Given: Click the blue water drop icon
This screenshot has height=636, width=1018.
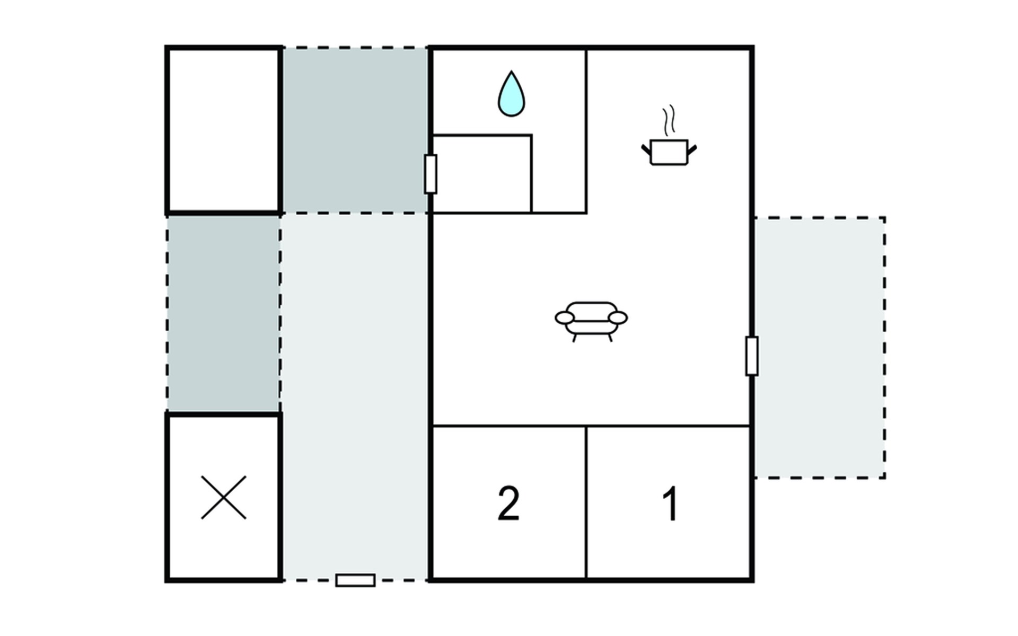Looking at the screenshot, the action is [x=511, y=94].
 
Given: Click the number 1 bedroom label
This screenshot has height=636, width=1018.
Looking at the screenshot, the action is [x=671, y=503].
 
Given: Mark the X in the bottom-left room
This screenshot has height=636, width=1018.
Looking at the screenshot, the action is [x=223, y=497].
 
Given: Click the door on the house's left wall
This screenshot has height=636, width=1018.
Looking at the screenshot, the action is [x=431, y=174].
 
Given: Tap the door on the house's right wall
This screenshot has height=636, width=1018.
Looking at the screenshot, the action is [x=751, y=356].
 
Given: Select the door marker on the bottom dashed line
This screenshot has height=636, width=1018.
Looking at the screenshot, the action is [x=355, y=580].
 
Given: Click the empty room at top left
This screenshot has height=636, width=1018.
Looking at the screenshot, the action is [x=223, y=130].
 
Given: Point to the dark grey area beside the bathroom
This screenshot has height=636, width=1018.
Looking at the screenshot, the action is [x=355, y=130].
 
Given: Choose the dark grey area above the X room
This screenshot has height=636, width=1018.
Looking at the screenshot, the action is [x=223, y=314].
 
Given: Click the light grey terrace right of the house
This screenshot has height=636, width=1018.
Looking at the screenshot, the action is [x=819, y=348].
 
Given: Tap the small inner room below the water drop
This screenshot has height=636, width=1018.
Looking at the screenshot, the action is [x=482, y=174].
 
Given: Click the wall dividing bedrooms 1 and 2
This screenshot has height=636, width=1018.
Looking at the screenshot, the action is [x=586, y=502].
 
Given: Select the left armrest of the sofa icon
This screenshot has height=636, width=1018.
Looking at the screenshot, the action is [x=565, y=317].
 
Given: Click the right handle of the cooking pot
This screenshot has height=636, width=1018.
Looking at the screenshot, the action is [x=691, y=150].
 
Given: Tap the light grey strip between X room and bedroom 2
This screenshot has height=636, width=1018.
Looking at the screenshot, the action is [x=355, y=396].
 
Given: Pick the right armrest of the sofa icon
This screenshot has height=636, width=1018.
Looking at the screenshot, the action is [x=618, y=317].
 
